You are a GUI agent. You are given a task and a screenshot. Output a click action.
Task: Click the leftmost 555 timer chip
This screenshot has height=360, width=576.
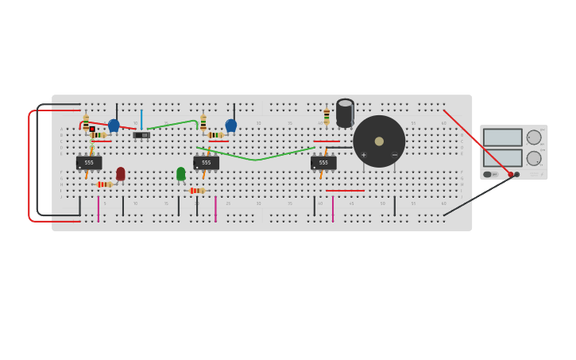pyautogui.click(x=89, y=163)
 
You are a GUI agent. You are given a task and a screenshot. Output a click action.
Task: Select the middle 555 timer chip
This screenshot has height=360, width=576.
pyautogui.click(x=206, y=163)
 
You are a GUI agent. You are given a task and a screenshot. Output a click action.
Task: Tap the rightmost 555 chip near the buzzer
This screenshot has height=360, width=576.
pyautogui.click(x=323, y=163)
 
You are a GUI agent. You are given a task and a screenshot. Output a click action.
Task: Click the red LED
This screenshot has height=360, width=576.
pyautogui.click(x=121, y=173)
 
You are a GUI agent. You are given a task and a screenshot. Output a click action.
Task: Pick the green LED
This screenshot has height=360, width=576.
pyautogui.click(x=181, y=173)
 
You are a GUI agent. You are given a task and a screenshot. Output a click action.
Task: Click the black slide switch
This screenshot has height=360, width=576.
pyautogui.click(x=141, y=135)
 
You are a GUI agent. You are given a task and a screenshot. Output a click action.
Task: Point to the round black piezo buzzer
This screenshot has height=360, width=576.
pyautogui.click(x=379, y=141)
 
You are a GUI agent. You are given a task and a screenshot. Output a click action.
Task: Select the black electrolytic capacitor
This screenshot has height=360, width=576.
pyautogui.click(x=345, y=113)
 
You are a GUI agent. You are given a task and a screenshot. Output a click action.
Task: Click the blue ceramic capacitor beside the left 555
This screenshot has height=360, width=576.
pyautogui.click(x=114, y=125)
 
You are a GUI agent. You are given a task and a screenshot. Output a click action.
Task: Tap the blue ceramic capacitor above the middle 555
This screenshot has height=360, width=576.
pyautogui.click(x=231, y=125)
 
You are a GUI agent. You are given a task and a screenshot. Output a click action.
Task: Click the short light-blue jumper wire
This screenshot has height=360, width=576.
pyautogui.click(x=141, y=119)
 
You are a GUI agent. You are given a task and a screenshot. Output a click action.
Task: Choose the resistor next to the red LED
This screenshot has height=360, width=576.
pyautogui.click(x=104, y=184)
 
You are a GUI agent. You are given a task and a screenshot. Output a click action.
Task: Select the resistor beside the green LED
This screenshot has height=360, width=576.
pyautogui.click(x=197, y=191)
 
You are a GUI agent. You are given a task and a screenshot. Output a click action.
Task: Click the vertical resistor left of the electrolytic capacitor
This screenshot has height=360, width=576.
pyautogui.click(x=327, y=116)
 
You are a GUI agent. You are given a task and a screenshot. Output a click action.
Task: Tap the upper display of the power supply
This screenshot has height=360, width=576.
pyautogui.click(x=502, y=137)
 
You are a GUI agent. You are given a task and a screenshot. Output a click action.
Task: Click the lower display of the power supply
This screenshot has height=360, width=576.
pyautogui.click(x=502, y=157)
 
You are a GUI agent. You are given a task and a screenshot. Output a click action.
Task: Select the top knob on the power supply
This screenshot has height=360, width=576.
pyautogui.click(x=534, y=137)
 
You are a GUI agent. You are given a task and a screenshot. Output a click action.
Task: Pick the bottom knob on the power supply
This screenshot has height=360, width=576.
pyautogui.click(x=534, y=158)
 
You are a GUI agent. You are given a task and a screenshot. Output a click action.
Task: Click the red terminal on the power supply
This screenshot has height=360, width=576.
pyautogui.click(x=510, y=174)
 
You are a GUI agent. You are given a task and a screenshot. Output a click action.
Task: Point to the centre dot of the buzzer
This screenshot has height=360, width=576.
pyautogui.click(x=379, y=141)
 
